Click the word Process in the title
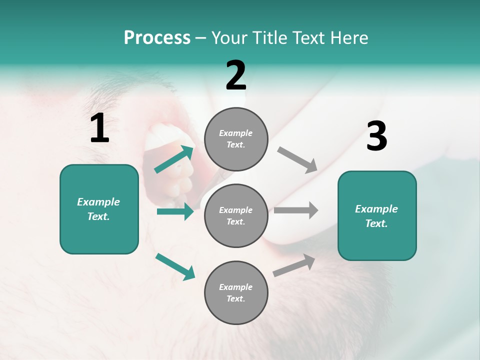tap(157, 38)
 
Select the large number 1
tap(99, 128)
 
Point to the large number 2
tap(236, 75)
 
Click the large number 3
tap(376, 136)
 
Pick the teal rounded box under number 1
tap(99, 209)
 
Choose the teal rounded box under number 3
tap(377, 215)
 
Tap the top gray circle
tap(236, 139)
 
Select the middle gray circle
tap(236, 215)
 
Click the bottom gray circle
tap(236, 292)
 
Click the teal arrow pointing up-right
tap(174, 159)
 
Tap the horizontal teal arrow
tap(175, 211)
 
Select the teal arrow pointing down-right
tap(175, 266)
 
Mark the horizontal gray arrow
tap(296, 210)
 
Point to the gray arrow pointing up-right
tap(294, 265)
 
